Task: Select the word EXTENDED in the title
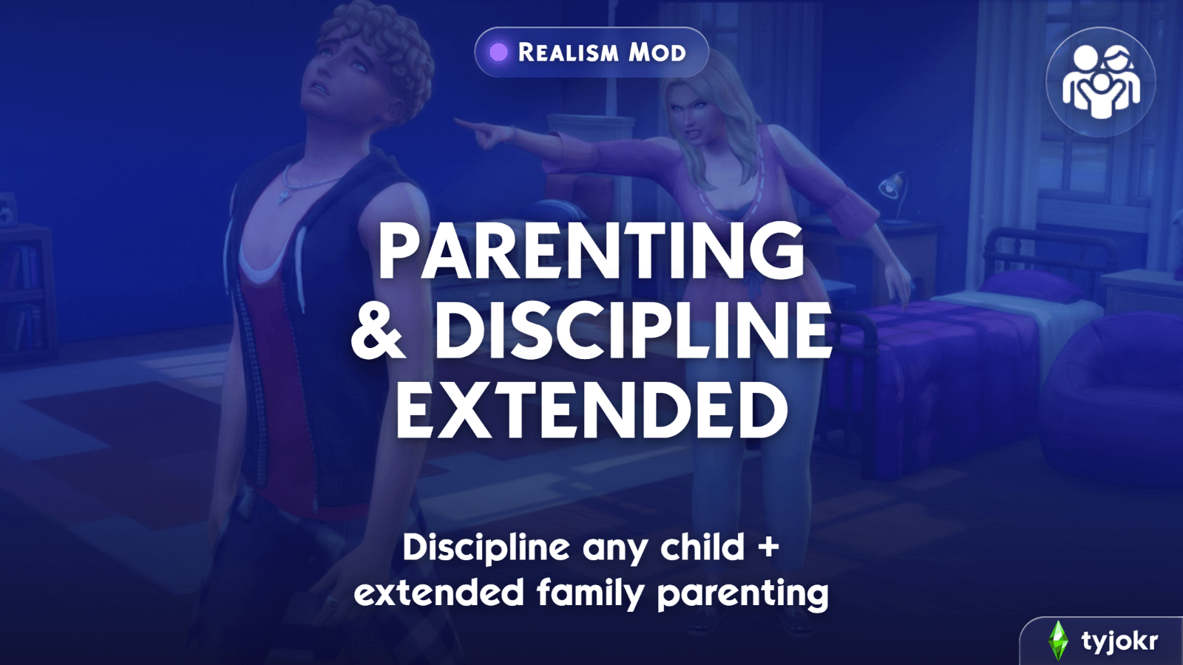tap(591, 409)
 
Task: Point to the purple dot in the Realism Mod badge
tap(498, 52)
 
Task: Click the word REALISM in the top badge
tap(569, 52)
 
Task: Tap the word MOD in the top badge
tap(657, 52)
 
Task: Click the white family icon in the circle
tap(1101, 82)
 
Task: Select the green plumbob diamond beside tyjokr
tap(1058, 641)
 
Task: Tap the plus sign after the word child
tap(768, 548)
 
